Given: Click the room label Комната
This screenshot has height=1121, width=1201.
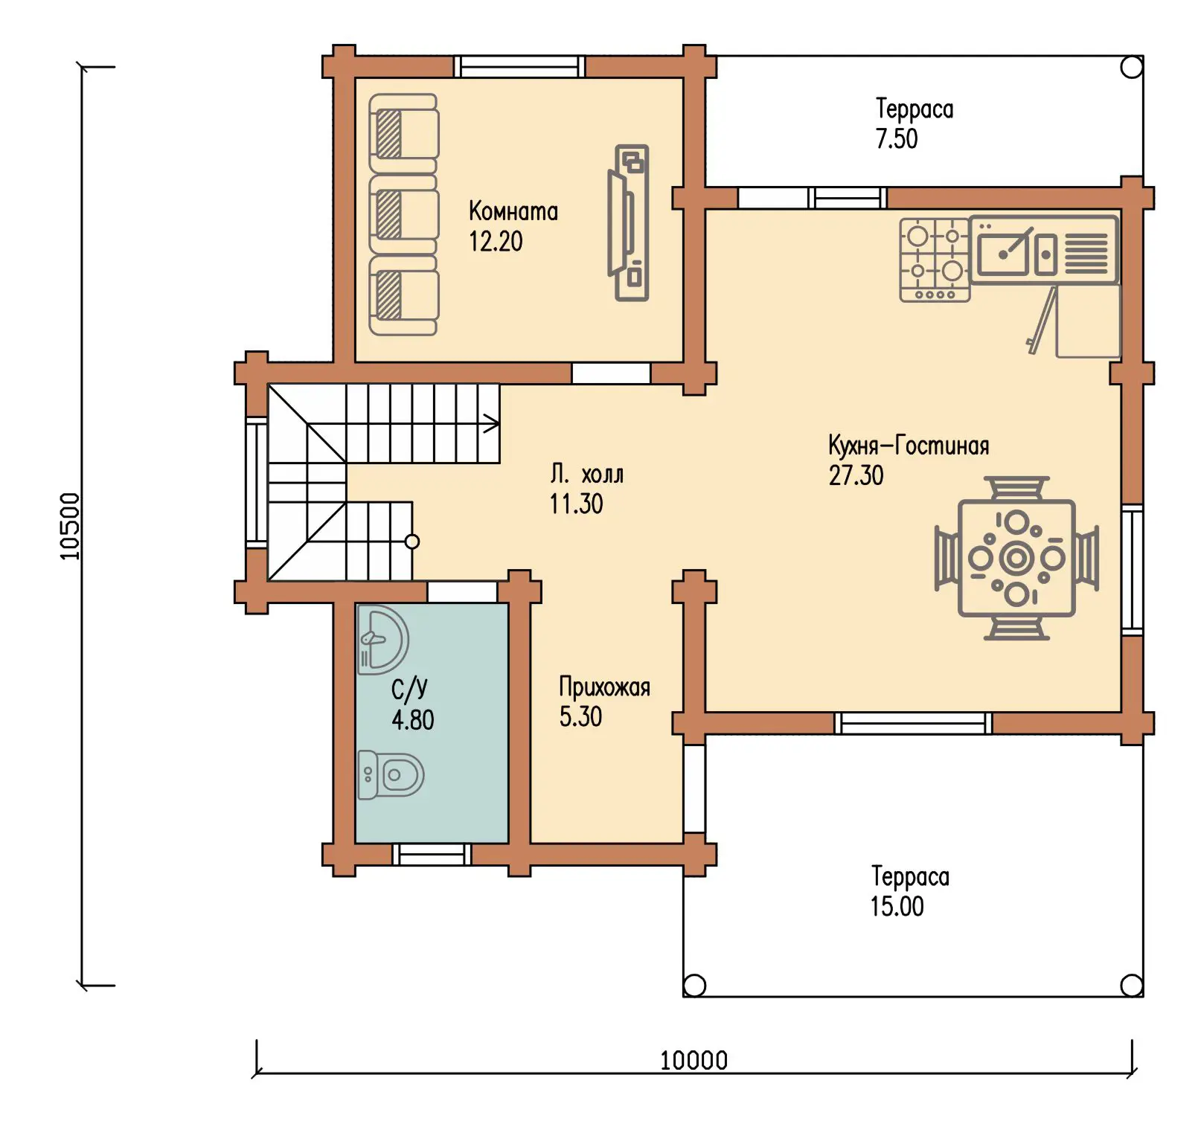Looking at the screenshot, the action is (513, 211).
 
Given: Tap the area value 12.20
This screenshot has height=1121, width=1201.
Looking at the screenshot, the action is (496, 241).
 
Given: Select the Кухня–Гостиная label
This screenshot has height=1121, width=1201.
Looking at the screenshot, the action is (909, 446).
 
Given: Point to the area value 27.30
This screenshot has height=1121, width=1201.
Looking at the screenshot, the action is (856, 475).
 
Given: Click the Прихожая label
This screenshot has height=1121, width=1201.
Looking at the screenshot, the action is (604, 687).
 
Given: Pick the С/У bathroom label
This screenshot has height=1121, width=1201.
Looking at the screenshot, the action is (409, 690).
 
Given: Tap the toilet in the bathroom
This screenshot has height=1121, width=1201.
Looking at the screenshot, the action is (391, 775).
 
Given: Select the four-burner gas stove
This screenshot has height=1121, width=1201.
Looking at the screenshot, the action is (934, 260).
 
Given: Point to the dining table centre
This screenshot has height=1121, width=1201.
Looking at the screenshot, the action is (1016, 558).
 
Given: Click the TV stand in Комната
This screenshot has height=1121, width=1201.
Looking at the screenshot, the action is (630, 222).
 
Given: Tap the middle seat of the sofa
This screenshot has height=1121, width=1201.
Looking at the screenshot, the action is (403, 215).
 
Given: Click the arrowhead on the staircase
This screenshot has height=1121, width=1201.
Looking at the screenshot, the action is (492, 425).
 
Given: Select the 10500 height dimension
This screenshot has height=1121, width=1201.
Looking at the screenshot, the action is (69, 526).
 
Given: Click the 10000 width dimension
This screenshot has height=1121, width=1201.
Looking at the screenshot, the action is (694, 1060).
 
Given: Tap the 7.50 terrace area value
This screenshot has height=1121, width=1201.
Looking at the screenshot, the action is (896, 138).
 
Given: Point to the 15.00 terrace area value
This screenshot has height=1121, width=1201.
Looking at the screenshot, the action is (897, 906).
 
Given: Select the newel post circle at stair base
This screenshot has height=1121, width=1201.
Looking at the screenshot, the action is (411, 542).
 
